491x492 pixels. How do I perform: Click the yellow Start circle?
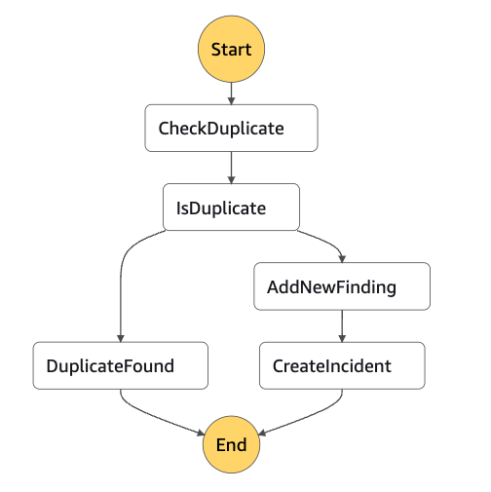click(x=231, y=49)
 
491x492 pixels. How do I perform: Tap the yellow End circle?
click(x=231, y=444)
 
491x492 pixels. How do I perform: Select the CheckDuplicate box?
click(x=231, y=128)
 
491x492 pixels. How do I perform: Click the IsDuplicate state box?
click(x=231, y=208)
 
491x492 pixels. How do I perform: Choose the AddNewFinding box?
click(x=342, y=286)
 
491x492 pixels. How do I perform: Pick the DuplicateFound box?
click(x=121, y=365)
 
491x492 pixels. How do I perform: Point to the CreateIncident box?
click(x=342, y=365)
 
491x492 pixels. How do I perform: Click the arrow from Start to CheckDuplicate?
click(x=231, y=94)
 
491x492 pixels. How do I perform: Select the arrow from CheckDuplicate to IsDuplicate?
click(x=231, y=168)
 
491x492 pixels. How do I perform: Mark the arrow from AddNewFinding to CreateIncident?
click(x=342, y=326)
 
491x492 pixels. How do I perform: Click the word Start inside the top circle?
click(x=231, y=50)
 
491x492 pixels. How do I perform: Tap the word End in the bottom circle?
click(x=231, y=444)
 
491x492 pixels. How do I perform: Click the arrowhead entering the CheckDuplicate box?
click(x=231, y=100)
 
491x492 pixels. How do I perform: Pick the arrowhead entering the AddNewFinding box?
click(x=342, y=259)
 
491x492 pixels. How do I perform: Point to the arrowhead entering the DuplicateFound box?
click(x=121, y=338)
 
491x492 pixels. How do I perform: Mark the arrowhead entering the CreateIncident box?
click(x=342, y=338)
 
